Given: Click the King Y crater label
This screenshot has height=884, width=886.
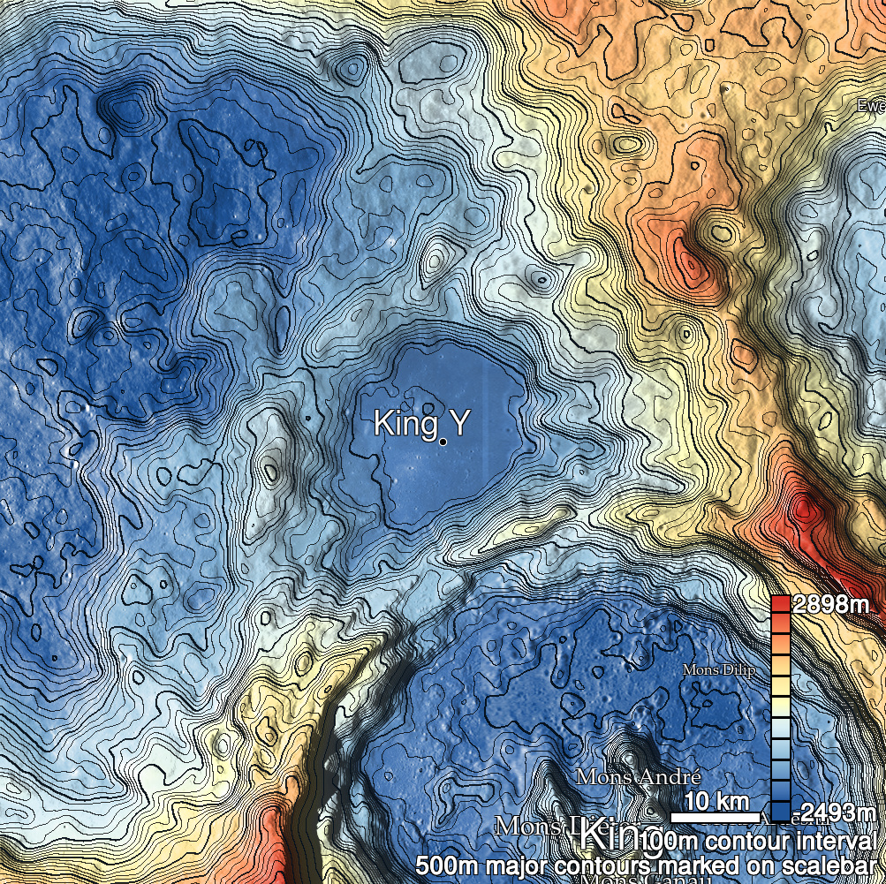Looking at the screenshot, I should point(420,423).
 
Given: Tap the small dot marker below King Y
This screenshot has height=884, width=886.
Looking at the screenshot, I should point(443,441).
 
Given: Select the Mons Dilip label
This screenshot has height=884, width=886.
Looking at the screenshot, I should point(718,671).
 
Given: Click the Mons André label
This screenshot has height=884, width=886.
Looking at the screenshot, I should point(638,777).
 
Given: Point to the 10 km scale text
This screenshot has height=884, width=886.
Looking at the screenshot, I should point(716,802).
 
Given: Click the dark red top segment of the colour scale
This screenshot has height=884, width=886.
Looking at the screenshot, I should point(780,605).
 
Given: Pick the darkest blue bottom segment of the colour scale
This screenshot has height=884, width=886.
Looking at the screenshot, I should point(780,812).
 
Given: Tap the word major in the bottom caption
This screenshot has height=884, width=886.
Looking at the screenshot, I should point(506,865).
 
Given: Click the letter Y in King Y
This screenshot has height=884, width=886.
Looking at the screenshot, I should point(456,423).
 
